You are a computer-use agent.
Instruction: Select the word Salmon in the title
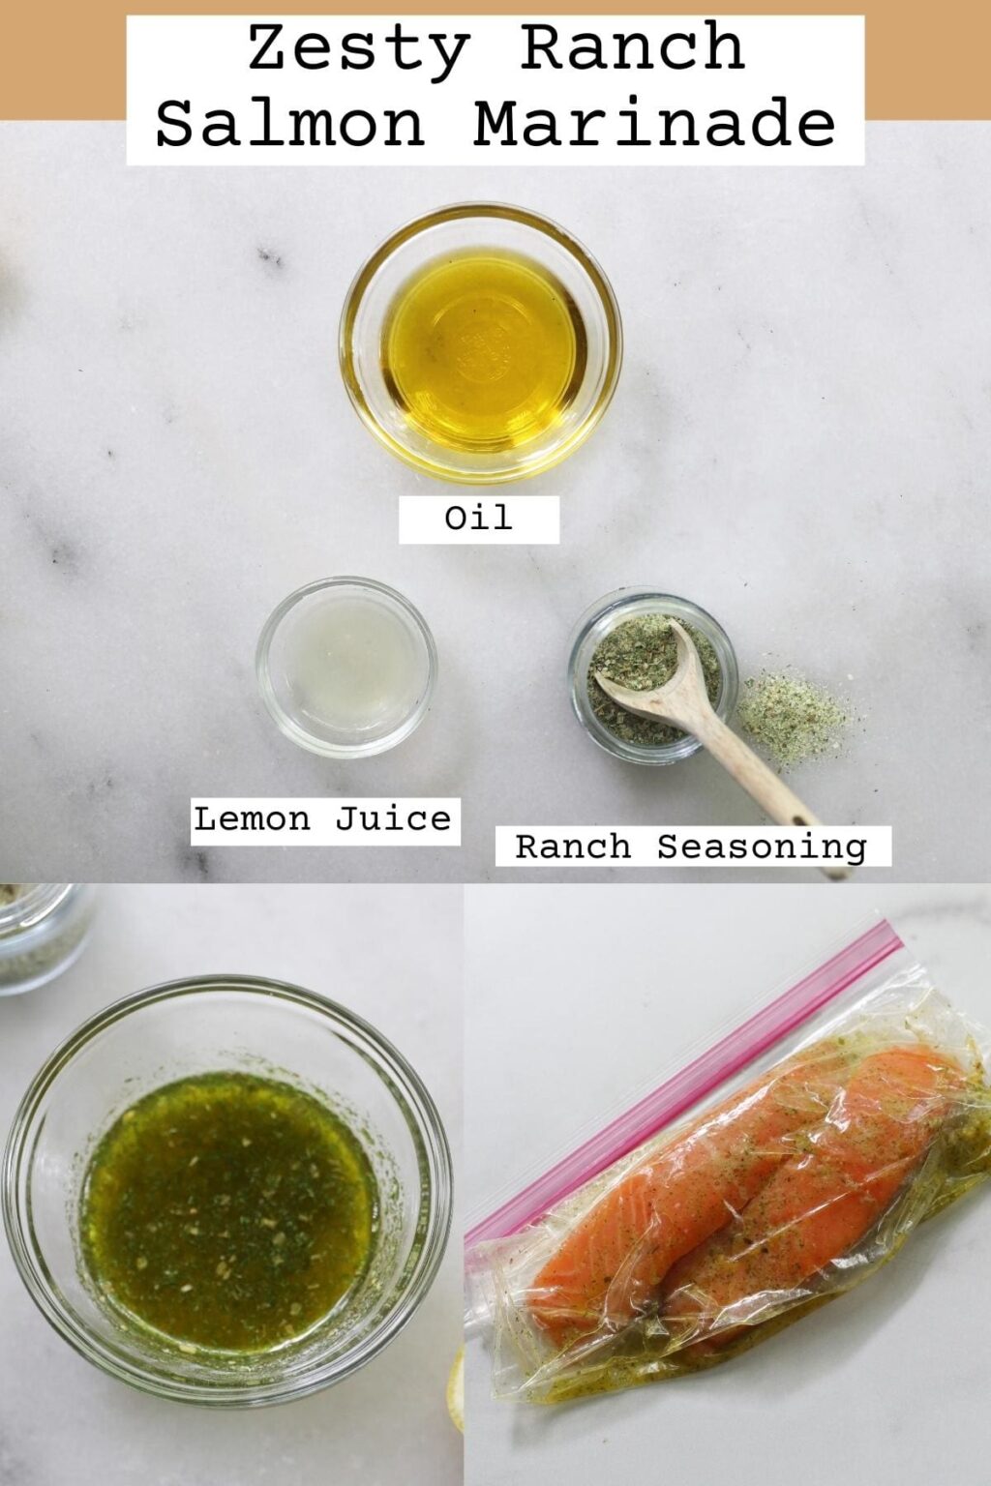pos(290,125)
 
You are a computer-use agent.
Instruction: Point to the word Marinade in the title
pos(654,125)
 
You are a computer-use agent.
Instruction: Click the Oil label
pos(478,519)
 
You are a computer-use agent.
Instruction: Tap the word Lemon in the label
pos(252,819)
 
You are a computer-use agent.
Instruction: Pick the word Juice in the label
pos(393,819)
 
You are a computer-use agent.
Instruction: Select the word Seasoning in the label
pos(762,847)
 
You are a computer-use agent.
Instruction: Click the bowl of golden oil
pos(481,343)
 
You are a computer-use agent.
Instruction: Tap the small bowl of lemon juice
pos(346,667)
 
